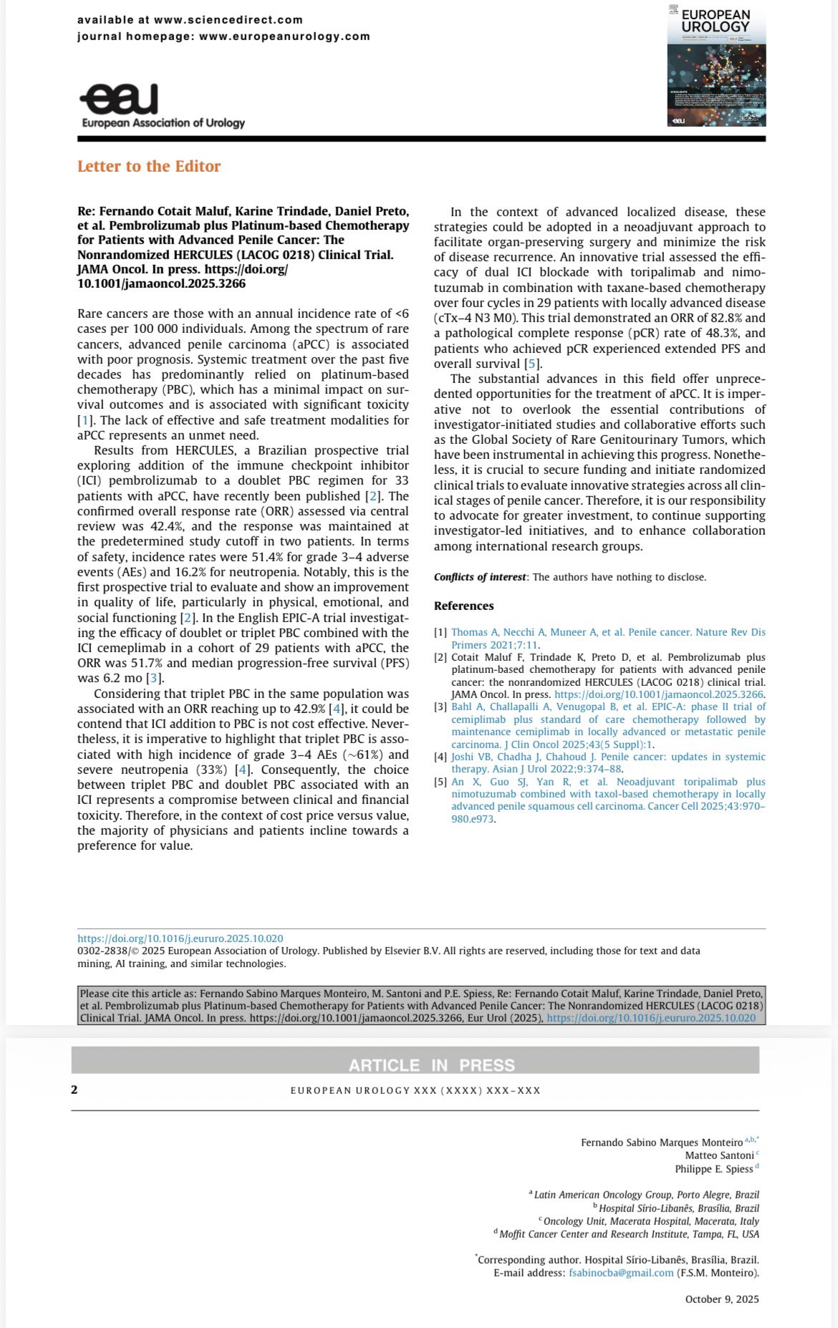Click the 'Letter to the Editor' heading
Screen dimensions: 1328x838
(x=149, y=166)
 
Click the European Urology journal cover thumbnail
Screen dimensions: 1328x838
(x=716, y=65)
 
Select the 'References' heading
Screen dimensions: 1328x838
(x=463, y=606)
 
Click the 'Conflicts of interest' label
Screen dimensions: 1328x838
(x=480, y=577)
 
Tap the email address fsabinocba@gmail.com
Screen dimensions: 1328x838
(x=621, y=1273)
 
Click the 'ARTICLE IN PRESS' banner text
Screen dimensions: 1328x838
(x=431, y=1065)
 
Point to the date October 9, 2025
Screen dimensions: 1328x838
(x=721, y=1299)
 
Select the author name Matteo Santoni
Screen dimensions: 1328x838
(x=719, y=1155)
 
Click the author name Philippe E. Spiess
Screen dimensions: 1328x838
(x=713, y=1169)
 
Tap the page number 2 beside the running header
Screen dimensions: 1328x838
(x=74, y=1090)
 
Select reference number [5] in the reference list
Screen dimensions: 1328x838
(x=440, y=782)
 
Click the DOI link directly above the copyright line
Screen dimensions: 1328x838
(x=180, y=939)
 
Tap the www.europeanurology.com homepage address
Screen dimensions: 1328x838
(x=284, y=37)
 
